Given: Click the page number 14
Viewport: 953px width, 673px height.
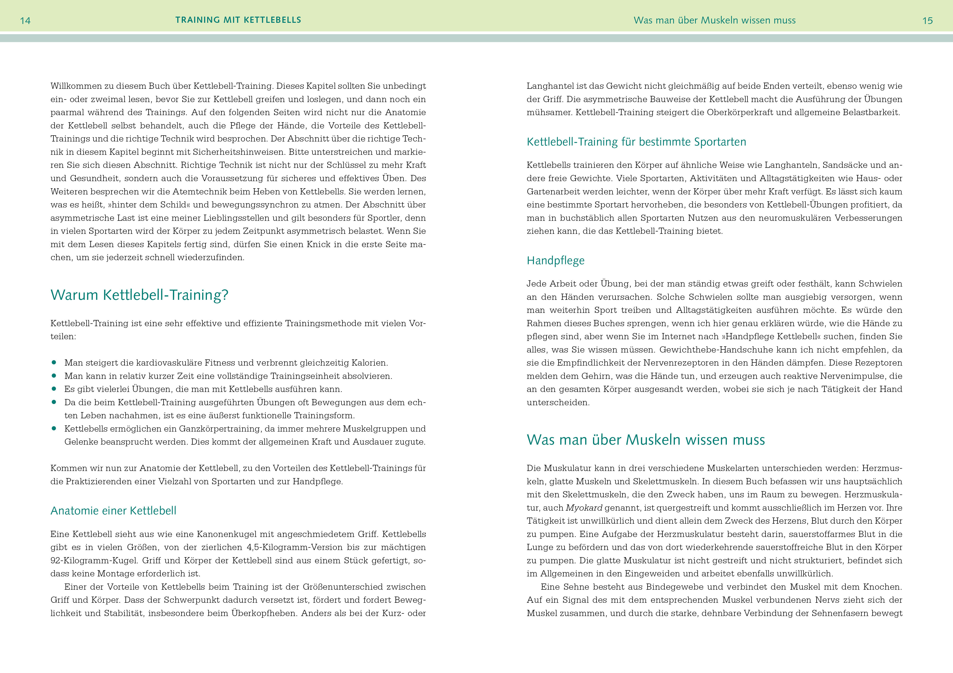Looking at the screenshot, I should (25, 21).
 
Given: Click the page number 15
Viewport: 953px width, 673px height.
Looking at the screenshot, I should (927, 21).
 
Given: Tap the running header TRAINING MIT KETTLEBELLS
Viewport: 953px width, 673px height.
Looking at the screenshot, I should (238, 20).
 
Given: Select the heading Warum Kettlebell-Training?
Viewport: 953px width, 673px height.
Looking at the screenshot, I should (140, 295).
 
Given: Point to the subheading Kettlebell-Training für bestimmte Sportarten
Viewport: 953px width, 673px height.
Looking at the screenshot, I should (636, 142).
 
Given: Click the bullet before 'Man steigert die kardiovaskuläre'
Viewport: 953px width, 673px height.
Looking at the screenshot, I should (54, 362).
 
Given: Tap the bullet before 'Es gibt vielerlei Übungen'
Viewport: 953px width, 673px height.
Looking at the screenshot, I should (54, 389).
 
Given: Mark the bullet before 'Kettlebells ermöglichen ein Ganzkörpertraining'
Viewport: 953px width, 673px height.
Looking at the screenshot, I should (54, 428).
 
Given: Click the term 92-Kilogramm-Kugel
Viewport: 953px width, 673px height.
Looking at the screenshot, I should (94, 560).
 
